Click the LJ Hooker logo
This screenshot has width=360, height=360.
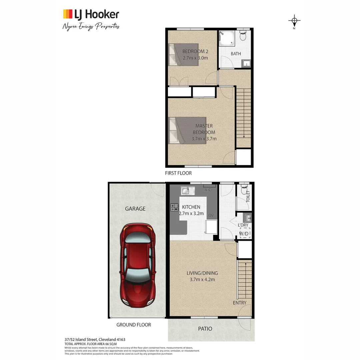(x=91, y=14)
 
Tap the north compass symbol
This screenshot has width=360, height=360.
(x=294, y=21)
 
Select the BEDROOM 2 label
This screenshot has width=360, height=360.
(x=195, y=51)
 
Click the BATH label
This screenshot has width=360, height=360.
(x=236, y=54)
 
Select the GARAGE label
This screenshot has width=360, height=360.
(x=135, y=209)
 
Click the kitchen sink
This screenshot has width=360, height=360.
(x=188, y=191)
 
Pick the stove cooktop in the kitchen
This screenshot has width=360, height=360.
(x=174, y=208)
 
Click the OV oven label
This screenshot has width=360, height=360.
(x=211, y=216)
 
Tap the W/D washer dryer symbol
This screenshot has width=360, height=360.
(x=244, y=233)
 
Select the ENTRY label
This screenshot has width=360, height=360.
(x=240, y=303)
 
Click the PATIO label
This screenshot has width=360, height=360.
(x=205, y=329)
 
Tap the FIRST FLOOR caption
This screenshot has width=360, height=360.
(x=178, y=173)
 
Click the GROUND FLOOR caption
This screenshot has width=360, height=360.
(x=133, y=325)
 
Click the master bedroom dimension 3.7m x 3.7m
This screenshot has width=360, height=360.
(x=204, y=139)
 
